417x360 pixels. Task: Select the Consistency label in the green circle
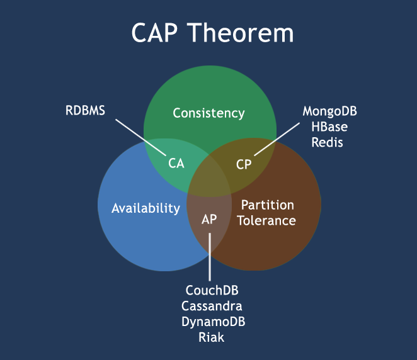(208, 113)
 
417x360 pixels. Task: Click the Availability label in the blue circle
(146, 208)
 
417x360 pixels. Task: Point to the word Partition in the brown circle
(268, 205)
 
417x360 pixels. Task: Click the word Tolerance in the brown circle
(268, 220)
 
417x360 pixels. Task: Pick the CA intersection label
(176, 164)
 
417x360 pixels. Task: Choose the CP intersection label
(244, 164)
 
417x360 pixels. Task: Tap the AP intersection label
(209, 220)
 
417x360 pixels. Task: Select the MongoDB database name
(330, 111)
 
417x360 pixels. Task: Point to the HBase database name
(329, 127)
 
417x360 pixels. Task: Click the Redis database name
(329, 142)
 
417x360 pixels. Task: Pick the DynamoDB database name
(212, 322)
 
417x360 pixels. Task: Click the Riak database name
(212, 337)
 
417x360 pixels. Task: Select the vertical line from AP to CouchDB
(210, 258)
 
